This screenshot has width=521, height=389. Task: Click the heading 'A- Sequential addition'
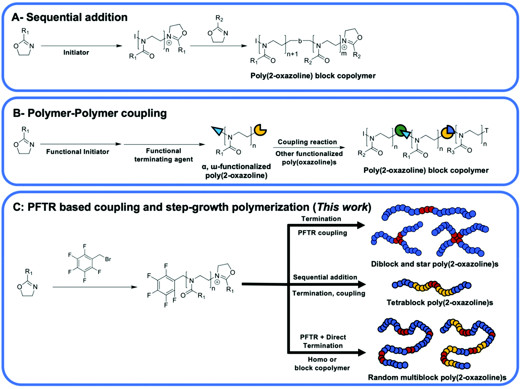[x=69, y=17]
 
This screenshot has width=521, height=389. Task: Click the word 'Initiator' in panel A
[x=76, y=53]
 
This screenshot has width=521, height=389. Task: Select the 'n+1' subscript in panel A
[x=292, y=54]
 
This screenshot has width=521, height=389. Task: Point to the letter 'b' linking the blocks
[x=300, y=41]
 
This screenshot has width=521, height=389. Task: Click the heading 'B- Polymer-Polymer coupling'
[x=90, y=113]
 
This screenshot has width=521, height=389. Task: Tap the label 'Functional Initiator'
[x=77, y=152]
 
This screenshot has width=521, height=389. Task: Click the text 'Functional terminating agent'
[x=163, y=155]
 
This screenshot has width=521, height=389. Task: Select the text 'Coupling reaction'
[x=307, y=142]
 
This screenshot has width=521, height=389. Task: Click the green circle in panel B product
[x=400, y=130]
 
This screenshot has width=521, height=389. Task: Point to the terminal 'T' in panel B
[x=486, y=131]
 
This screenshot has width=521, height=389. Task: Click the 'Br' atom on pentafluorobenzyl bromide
[x=108, y=259]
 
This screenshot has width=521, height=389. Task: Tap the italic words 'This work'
[x=342, y=207]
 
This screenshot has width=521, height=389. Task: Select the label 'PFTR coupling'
[x=322, y=233]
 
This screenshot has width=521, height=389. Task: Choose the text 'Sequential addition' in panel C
[x=325, y=277]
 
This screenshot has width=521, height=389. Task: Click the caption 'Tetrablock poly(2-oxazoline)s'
[x=439, y=303]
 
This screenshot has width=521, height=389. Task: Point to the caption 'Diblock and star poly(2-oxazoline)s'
[x=435, y=264]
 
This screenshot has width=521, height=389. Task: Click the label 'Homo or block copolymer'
[x=322, y=364]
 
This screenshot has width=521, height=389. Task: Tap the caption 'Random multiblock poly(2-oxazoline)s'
[x=437, y=378]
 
